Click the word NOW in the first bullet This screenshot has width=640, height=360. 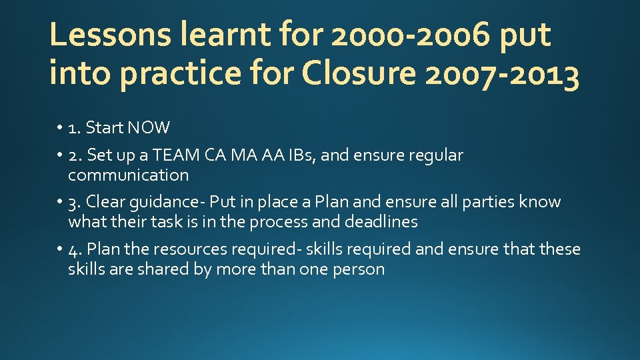coord(150,127)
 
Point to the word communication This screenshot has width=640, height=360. coord(128,175)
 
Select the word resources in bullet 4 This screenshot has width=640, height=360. coord(189,249)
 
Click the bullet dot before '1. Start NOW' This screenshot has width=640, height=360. coord(60,128)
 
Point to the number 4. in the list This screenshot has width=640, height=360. coord(75,250)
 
